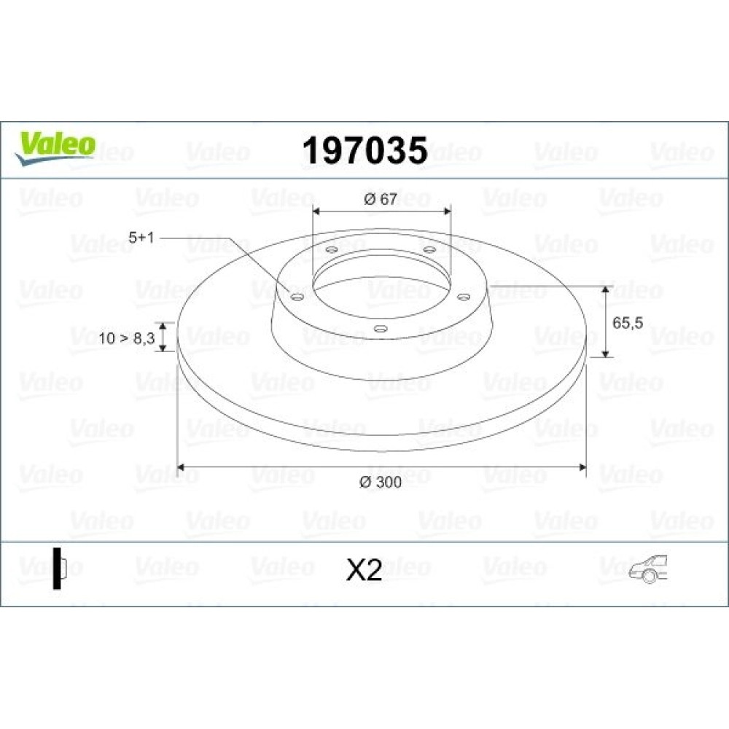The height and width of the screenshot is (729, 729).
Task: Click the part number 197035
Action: [x=365, y=150]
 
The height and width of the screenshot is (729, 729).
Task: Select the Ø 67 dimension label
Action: [x=381, y=199]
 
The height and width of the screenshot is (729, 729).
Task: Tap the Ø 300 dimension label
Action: [x=381, y=482]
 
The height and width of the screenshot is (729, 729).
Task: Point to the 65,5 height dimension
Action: [x=628, y=323]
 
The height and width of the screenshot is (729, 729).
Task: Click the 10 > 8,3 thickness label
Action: [x=126, y=338]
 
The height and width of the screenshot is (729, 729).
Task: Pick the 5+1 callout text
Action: [x=141, y=238]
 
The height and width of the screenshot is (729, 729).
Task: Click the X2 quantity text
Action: [x=364, y=570]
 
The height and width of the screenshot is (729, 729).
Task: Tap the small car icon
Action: [x=649, y=569]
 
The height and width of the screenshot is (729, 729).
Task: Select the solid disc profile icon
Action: [x=60, y=569]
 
